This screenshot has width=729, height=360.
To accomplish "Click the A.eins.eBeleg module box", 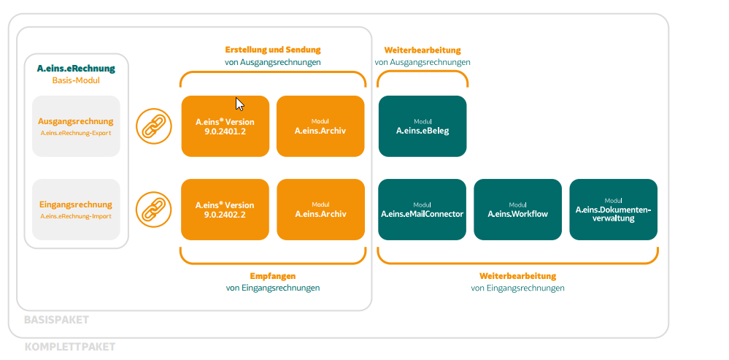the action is [x=423, y=126].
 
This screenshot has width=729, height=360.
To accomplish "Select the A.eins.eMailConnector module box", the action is [x=423, y=210].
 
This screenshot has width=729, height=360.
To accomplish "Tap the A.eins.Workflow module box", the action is [x=517, y=210].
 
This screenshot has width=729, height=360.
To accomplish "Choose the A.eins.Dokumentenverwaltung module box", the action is [x=613, y=210].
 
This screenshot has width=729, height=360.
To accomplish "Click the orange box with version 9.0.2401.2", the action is [x=225, y=126].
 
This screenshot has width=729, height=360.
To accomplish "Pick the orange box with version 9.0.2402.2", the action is [x=225, y=210].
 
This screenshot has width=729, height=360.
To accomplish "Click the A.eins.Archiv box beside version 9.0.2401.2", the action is [x=320, y=126].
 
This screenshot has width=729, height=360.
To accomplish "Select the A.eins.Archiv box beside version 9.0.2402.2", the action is [x=320, y=210].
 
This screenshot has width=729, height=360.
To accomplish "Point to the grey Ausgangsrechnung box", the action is [x=76, y=126].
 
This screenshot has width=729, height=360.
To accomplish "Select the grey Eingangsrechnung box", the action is [x=76, y=210].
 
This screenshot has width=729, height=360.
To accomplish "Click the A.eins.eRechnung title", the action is [x=76, y=69].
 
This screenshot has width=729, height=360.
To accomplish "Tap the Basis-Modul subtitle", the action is [x=76, y=80].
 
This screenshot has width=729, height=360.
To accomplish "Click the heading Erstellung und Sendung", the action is [x=273, y=50].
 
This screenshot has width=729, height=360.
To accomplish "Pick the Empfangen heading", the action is [x=273, y=276].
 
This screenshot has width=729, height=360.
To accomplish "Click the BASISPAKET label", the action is [x=56, y=320].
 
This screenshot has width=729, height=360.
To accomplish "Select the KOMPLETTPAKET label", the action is [x=70, y=347].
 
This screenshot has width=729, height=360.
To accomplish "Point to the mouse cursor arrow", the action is [x=239, y=104].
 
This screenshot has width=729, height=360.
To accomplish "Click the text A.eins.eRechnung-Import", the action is [x=76, y=216].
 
